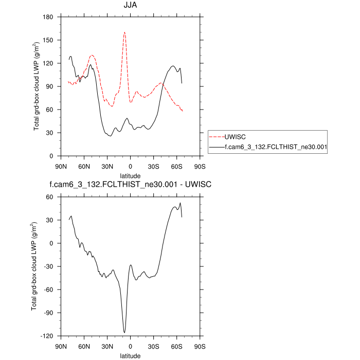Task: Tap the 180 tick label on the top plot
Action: click(x=49, y=17)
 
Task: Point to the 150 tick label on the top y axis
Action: click(x=49, y=40)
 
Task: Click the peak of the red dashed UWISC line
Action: click(x=124, y=32)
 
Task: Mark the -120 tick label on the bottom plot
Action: click(x=48, y=336)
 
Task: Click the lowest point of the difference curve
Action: click(x=124, y=333)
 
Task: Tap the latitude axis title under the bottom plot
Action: click(x=130, y=355)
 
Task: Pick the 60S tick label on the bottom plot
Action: click(x=176, y=346)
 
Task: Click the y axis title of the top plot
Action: click(x=37, y=86)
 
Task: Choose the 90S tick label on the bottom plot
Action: click(x=200, y=346)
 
